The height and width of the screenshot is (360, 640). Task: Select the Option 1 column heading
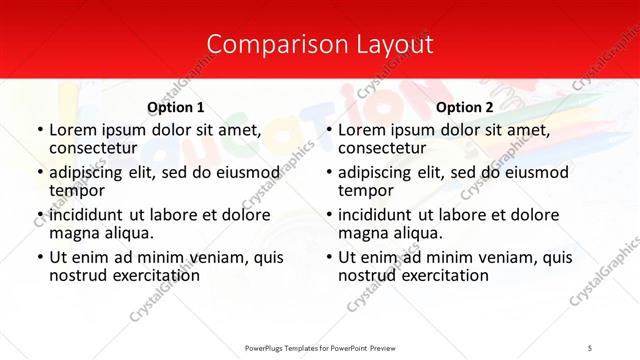point(176,107)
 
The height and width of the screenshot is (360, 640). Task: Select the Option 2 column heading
point(465,107)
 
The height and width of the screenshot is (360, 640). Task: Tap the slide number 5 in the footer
point(589,347)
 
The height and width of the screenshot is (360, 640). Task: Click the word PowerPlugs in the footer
point(267,347)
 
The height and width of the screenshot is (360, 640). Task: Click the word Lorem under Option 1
point(72,130)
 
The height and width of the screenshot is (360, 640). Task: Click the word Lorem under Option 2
point(361,130)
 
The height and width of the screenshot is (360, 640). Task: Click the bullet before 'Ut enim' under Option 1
point(39,257)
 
